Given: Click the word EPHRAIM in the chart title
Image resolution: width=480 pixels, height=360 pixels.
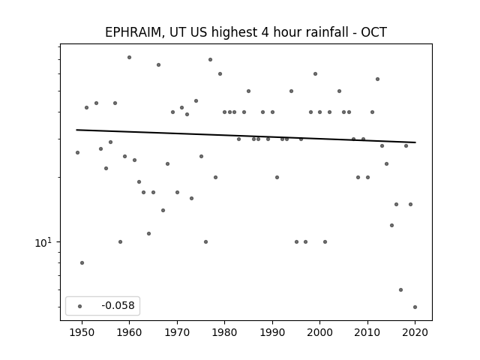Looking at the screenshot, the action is (x=133, y=32).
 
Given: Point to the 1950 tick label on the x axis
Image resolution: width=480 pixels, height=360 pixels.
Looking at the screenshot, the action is (x=82, y=332).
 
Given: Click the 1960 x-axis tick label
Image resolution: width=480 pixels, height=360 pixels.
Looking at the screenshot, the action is (x=129, y=332).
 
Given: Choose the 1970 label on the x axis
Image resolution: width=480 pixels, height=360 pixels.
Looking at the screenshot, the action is (x=177, y=332).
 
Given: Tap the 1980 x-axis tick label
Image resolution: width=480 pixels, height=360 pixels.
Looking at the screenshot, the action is (x=225, y=332).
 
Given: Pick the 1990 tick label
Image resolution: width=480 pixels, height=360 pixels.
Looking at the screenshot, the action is (x=272, y=332).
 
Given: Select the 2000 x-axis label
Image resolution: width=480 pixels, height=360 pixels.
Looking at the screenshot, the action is (x=320, y=332).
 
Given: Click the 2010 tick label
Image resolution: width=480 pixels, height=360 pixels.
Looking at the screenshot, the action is (x=367, y=332).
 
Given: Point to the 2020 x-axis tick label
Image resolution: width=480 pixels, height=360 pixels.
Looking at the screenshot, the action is (x=415, y=332).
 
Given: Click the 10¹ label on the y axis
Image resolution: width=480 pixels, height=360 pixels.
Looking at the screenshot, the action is (x=43, y=242).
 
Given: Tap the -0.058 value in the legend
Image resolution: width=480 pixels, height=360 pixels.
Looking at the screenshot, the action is (x=118, y=305).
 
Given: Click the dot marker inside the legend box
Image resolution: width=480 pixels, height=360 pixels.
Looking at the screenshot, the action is (x=80, y=306).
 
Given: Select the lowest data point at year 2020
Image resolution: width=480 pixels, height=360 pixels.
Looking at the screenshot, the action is (x=415, y=307).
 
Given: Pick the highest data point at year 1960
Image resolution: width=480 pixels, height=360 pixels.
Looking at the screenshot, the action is (x=129, y=57).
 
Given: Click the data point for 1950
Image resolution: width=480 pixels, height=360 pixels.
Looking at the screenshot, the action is (x=82, y=262).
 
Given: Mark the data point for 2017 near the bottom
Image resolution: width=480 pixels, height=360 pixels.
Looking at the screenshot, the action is (x=400, y=289).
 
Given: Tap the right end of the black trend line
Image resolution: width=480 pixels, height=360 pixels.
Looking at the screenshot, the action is (x=415, y=142).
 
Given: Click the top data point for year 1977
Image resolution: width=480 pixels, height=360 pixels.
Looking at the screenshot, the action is (x=210, y=59).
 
